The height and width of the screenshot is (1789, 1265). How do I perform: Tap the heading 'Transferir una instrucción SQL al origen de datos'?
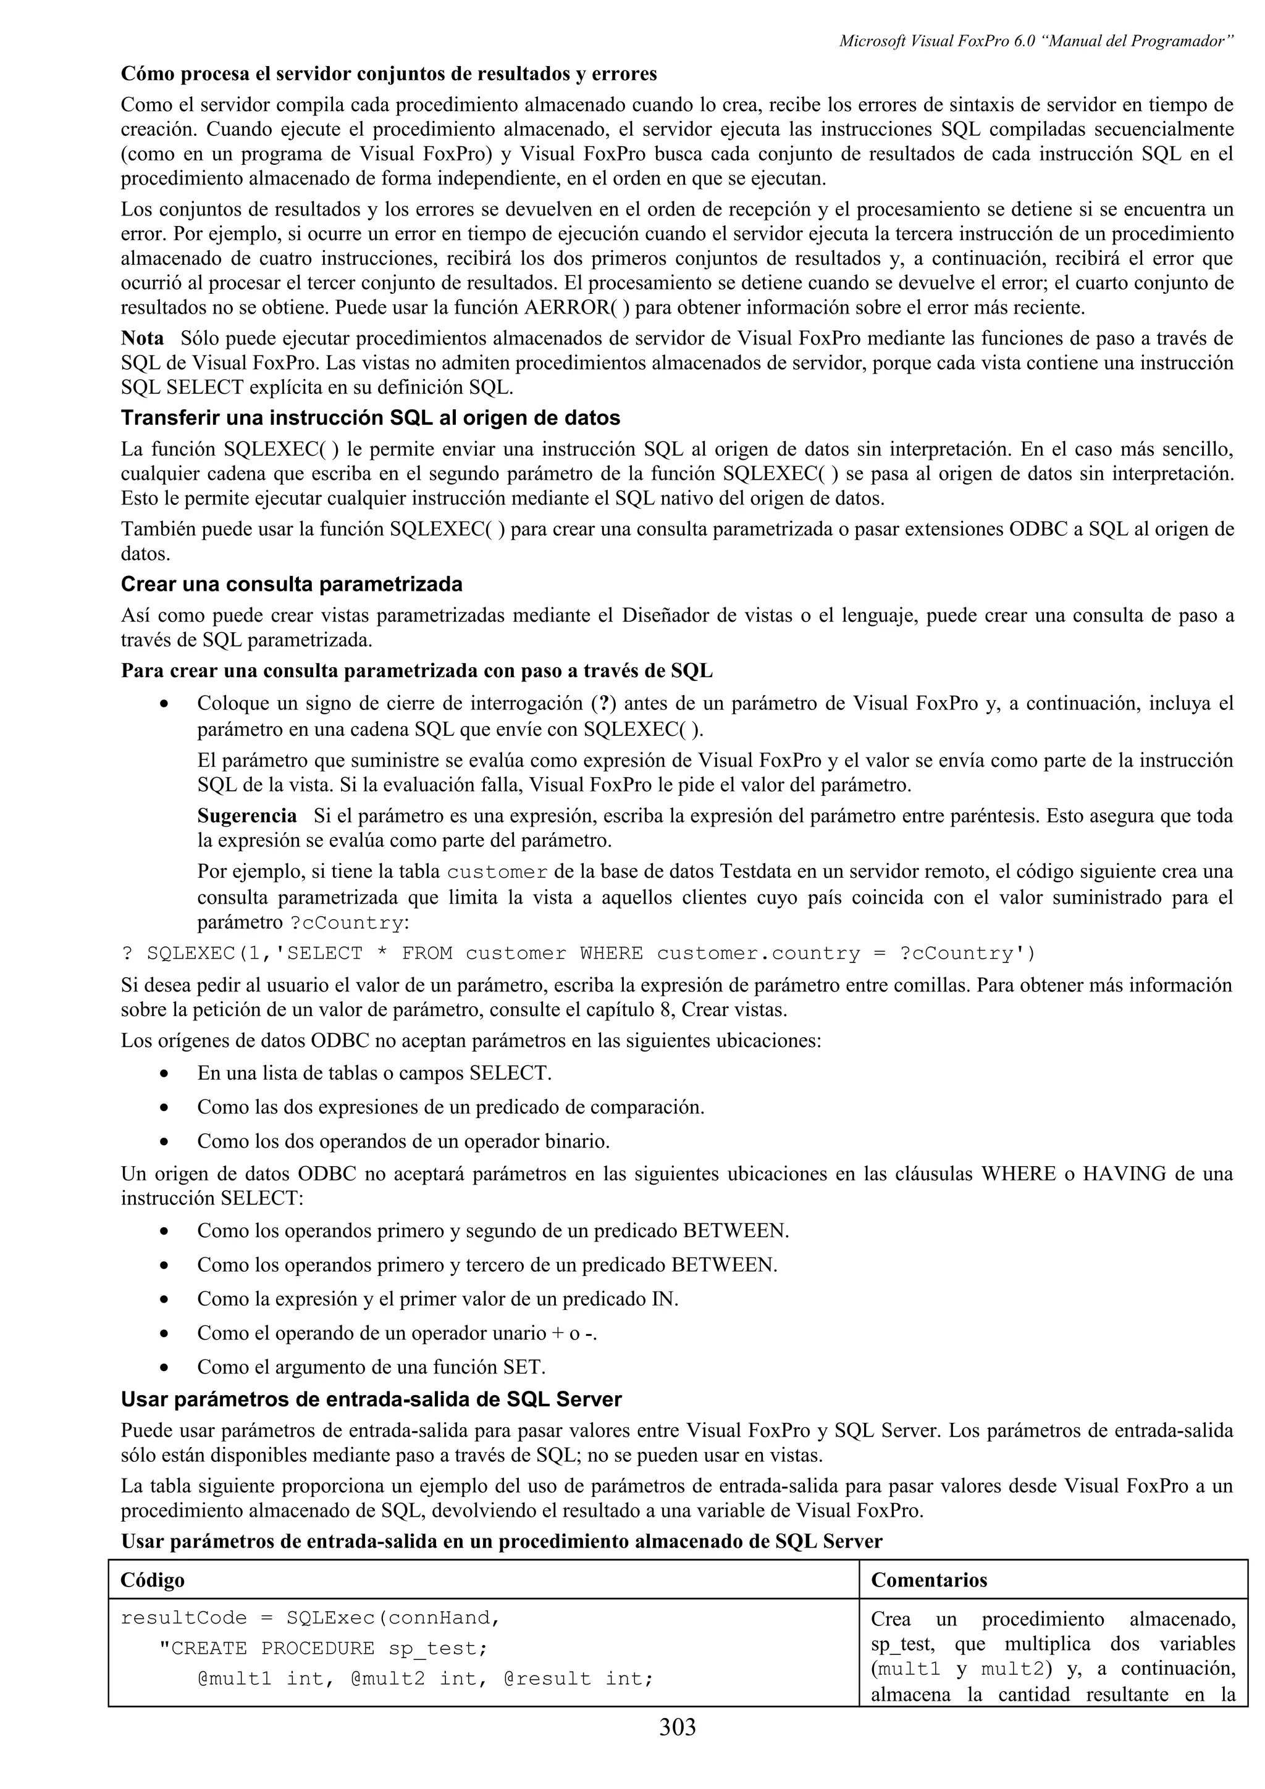tap(370, 418)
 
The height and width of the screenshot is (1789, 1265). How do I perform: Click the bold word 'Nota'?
tap(143, 338)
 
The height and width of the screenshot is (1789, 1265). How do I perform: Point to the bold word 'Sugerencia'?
tap(247, 816)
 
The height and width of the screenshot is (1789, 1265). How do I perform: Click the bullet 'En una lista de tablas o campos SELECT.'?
tap(374, 1073)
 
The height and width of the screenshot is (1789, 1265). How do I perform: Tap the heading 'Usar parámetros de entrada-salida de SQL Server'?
tap(371, 1399)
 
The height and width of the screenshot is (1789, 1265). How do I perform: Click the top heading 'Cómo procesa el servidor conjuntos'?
tap(388, 74)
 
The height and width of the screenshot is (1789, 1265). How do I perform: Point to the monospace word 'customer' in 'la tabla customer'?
tap(497, 871)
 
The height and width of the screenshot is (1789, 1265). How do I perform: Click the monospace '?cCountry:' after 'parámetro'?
tap(348, 924)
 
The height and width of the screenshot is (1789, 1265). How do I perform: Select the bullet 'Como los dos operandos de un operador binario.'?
tap(403, 1141)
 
